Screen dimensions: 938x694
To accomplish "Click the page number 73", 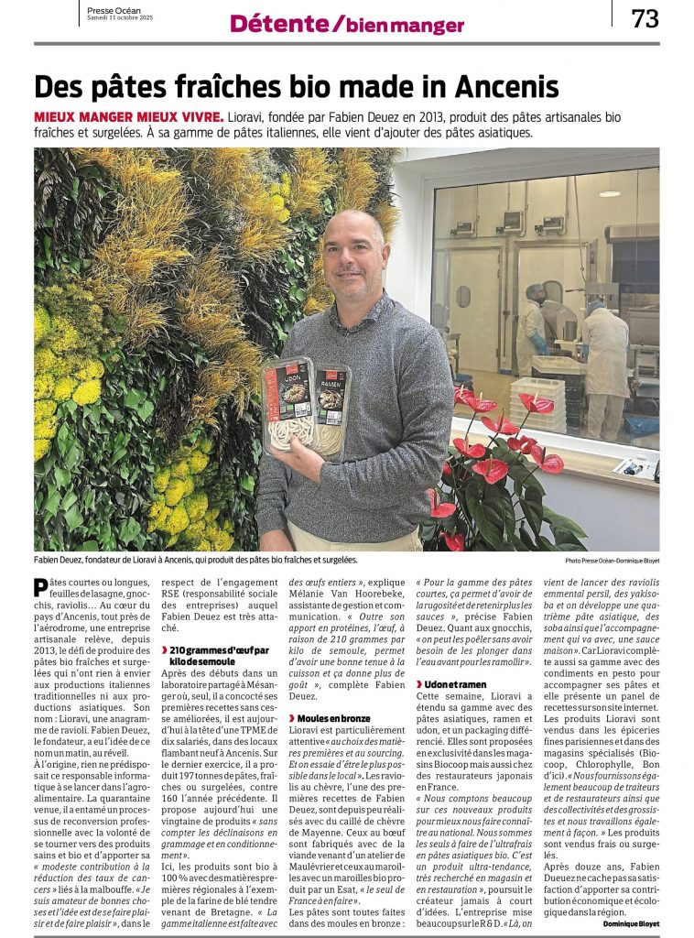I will point(645,18).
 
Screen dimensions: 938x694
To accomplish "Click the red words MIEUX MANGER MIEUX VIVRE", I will point(128,117).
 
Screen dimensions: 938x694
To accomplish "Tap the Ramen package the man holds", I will point(331,408).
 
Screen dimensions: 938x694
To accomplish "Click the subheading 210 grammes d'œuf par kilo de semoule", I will point(219,654).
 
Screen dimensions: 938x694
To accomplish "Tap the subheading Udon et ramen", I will point(455,684).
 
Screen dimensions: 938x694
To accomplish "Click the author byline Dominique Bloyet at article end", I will point(630,924).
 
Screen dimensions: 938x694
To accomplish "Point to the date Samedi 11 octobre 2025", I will point(121,19).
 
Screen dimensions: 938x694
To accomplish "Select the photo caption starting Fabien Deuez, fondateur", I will point(195,559).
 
